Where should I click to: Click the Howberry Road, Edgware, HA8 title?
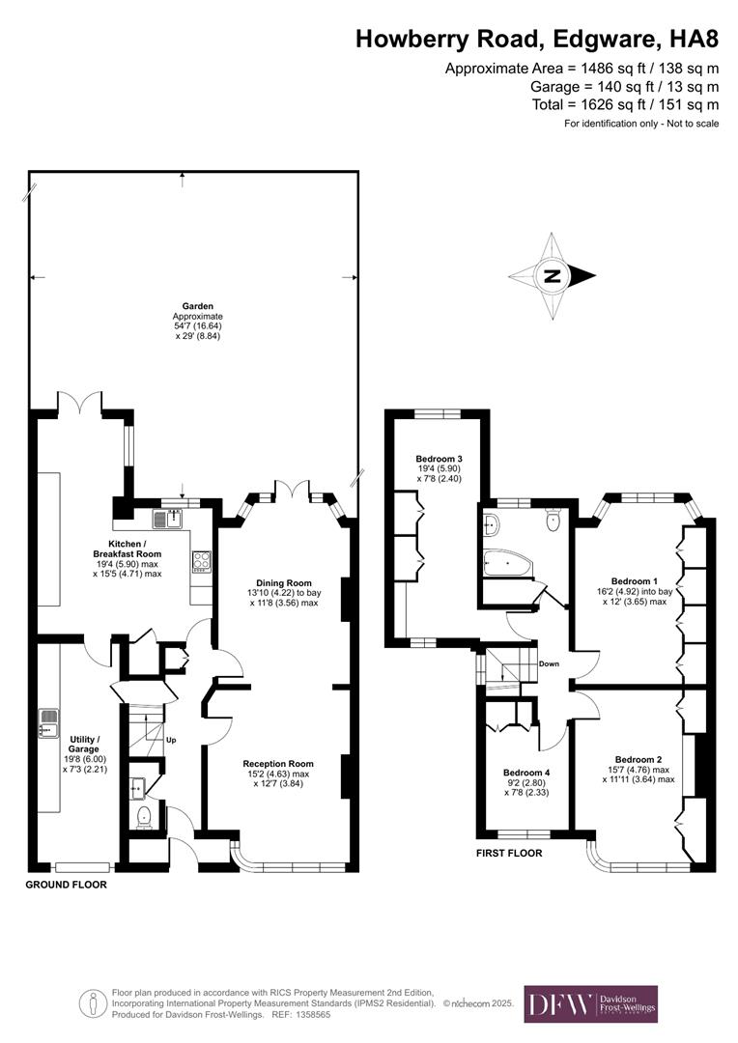coord(537,40)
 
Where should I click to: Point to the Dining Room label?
coord(284,582)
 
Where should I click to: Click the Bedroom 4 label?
coord(526,773)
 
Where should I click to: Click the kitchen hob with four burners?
coord(201,561)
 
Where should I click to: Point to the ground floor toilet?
coord(142,819)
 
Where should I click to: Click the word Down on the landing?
coord(549,663)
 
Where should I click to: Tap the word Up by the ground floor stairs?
coord(171,741)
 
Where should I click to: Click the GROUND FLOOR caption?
coord(66,885)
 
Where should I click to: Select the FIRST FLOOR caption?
coord(509,854)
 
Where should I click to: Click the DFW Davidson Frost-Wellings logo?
coord(590,1003)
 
